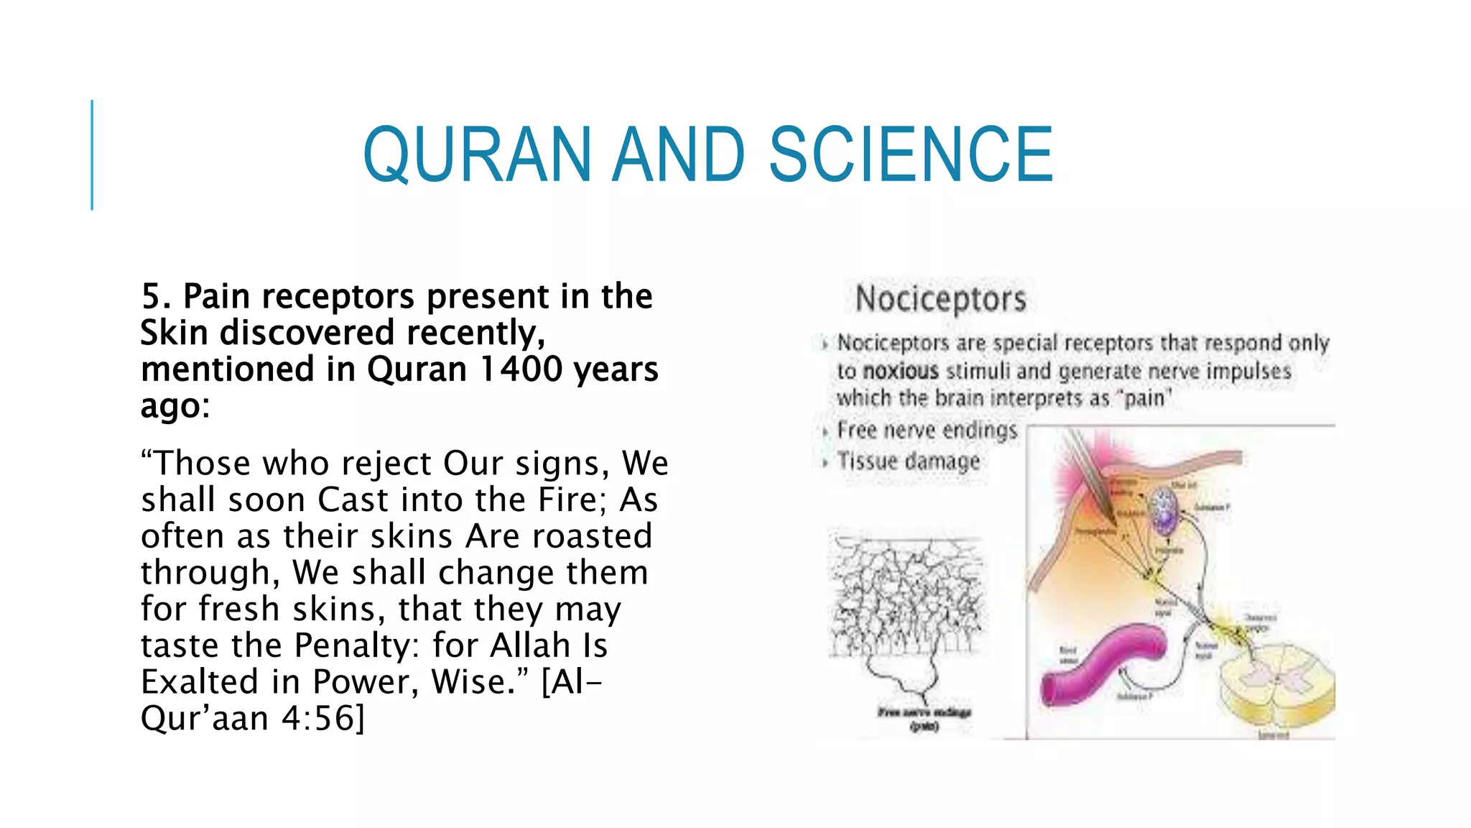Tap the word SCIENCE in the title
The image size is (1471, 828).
tap(911, 155)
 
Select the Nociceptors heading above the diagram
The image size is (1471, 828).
tap(940, 299)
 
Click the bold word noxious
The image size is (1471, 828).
tap(901, 372)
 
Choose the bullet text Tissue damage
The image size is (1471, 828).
tap(909, 461)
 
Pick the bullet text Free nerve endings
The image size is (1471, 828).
tap(927, 431)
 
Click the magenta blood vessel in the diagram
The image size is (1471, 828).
tap(1099, 661)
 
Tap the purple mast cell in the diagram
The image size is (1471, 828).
tap(1162, 510)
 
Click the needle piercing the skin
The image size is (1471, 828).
tap(1092, 474)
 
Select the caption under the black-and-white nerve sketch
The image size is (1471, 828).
tap(924, 718)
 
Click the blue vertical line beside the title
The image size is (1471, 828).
tap(92, 155)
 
